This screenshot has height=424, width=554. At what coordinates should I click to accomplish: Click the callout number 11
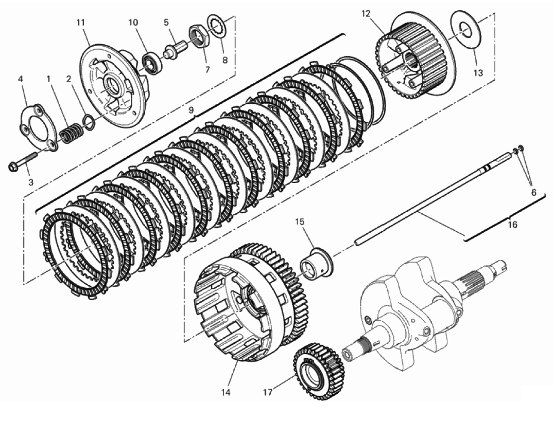[x=80, y=23]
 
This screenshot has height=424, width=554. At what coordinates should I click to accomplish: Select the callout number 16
[x=512, y=225]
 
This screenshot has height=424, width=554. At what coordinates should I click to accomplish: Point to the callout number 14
[x=226, y=392]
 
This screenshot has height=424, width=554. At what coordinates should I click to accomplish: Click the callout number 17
[x=268, y=392]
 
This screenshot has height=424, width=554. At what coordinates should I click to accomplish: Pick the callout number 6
[x=533, y=192]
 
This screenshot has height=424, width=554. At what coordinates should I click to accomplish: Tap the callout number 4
[x=21, y=79]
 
